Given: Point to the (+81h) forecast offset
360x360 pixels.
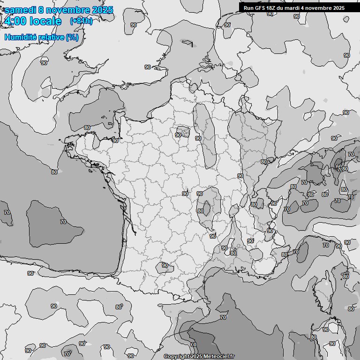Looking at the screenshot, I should (x=81, y=21).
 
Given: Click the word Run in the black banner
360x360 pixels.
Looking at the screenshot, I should (x=248, y=7).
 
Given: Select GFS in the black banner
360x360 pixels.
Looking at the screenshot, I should (x=260, y=7).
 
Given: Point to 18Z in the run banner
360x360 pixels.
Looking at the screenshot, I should (x=273, y=7).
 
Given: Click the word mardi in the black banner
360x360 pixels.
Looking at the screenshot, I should (x=296, y=7).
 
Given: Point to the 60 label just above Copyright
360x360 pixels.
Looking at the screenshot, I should (x=194, y=345).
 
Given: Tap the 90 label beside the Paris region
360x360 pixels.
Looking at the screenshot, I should (x=178, y=135).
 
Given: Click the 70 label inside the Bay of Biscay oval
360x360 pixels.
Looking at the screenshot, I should (x=63, y=222).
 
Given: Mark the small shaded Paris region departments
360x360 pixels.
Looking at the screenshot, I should (x=184, y=131).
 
